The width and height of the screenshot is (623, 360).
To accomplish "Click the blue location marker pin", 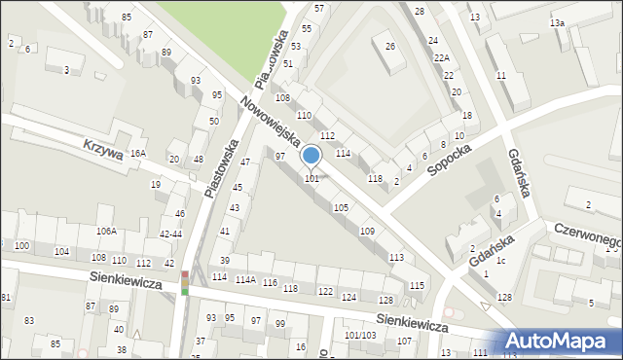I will pyautogui.click(x=311, y=156).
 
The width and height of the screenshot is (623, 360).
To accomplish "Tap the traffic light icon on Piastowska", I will pyautogui.click(x=185, y=282).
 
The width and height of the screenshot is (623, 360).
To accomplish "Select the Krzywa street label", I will pyautogui.click(x=103, y=150).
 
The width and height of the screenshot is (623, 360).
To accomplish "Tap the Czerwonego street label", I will pyautogui.click(x=587, y=233).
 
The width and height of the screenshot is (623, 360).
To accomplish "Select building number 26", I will pyautogui.click(x=390, y=46).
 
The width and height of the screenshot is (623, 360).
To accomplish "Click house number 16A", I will pyautogui.click(x=138, y=154).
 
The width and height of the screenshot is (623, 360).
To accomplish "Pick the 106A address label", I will pyautogui.click(x=106, y=231).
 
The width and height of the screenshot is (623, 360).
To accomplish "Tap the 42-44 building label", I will pyautogui.click(x=170, y=234).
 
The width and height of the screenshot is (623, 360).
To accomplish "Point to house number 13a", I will pyautogui.click(x=557, y=22).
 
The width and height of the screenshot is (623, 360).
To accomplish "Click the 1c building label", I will pyautogui.click(x=500, y=261).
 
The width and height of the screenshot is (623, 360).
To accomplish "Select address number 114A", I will pyautogui.click(x=245, y=280).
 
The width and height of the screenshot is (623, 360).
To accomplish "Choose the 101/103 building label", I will pyautogui.click(x=360, y=336).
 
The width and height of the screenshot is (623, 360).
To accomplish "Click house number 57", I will pyautogui.click(x=319, y=8).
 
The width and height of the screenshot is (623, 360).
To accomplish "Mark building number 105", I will pyautogui.click(x=341, y=208).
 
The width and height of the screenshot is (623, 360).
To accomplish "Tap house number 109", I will pyautogui.click(x=367, y=232).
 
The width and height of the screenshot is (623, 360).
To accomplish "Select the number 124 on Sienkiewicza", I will pyautogui.click(x=348, y=297).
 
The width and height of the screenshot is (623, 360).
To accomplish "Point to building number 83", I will pyautogui.click(x=29, y=320).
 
